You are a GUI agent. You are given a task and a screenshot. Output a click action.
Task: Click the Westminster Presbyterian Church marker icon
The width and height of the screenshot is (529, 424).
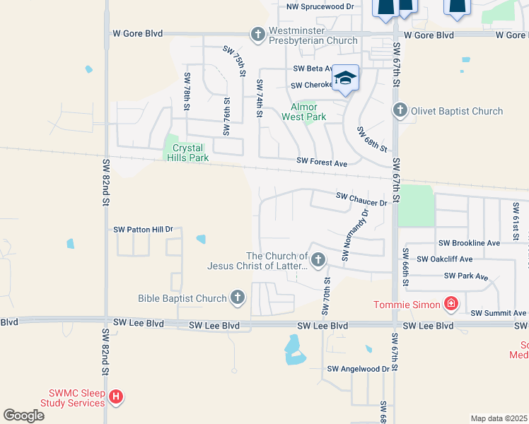click(257, 34)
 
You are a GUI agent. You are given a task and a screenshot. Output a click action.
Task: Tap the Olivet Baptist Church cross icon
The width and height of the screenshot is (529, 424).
click(400, 111)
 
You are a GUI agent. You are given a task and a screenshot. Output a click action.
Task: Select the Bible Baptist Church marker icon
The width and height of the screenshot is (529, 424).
click(237, 298)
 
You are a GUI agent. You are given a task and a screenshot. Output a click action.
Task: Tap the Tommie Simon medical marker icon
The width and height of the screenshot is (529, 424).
click(450, 305)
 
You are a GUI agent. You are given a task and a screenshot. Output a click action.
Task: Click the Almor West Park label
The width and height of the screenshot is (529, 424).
click(304, 112)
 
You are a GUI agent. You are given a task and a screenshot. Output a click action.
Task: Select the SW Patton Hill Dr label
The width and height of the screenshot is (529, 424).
click(144, 230)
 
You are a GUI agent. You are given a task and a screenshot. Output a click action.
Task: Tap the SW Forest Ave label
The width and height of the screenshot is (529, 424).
click(322, 163)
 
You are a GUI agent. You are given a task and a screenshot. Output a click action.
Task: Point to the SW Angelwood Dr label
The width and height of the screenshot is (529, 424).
click(359, 369)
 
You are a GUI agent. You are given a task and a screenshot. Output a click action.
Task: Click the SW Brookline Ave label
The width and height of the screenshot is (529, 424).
click(469, 242)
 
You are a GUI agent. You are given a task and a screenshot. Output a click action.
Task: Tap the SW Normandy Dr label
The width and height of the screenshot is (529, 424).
click(356, 234)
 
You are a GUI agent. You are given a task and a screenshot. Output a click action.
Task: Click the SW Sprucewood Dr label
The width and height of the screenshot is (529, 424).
click(320, 6)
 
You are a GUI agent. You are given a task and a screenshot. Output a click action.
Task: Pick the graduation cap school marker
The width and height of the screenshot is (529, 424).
click(345, 78)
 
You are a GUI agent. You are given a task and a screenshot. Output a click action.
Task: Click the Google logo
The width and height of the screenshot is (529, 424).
click(23, 416)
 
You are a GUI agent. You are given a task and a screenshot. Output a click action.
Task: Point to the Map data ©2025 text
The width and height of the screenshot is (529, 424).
click(499, 418)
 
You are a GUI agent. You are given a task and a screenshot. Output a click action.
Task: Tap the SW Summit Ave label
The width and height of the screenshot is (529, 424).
click(499, 313)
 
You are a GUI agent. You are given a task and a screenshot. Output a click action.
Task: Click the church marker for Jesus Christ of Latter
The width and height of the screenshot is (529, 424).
click(318, 260)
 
